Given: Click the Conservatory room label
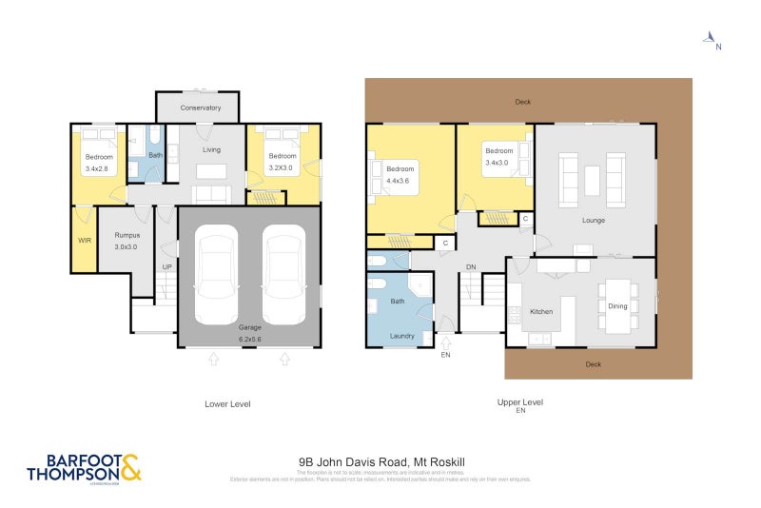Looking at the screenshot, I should [x=200, y=107].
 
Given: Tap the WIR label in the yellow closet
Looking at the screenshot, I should [x=84, y=240].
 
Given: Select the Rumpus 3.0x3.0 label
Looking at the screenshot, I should [x=127, y=240].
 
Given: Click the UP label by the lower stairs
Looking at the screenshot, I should [x=167, y=266].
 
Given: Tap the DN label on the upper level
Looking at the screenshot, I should [x=470, y=267].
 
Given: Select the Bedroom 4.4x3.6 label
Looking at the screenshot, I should [x=400, y=174].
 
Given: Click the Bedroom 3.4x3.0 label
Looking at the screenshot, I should [x=498, y=156].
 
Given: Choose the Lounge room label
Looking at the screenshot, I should [x=594, y=220].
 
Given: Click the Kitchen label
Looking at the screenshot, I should [x=541, y=311].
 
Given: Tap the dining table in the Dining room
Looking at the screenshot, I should [x=617, y=305].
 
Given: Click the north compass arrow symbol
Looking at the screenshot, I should [x=710, y=39].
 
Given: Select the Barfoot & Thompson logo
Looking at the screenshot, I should [x=84, y=469].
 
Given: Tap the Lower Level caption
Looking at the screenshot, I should [x=227, y=403].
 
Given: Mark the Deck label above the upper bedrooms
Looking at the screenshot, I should [x=522, y=101].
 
